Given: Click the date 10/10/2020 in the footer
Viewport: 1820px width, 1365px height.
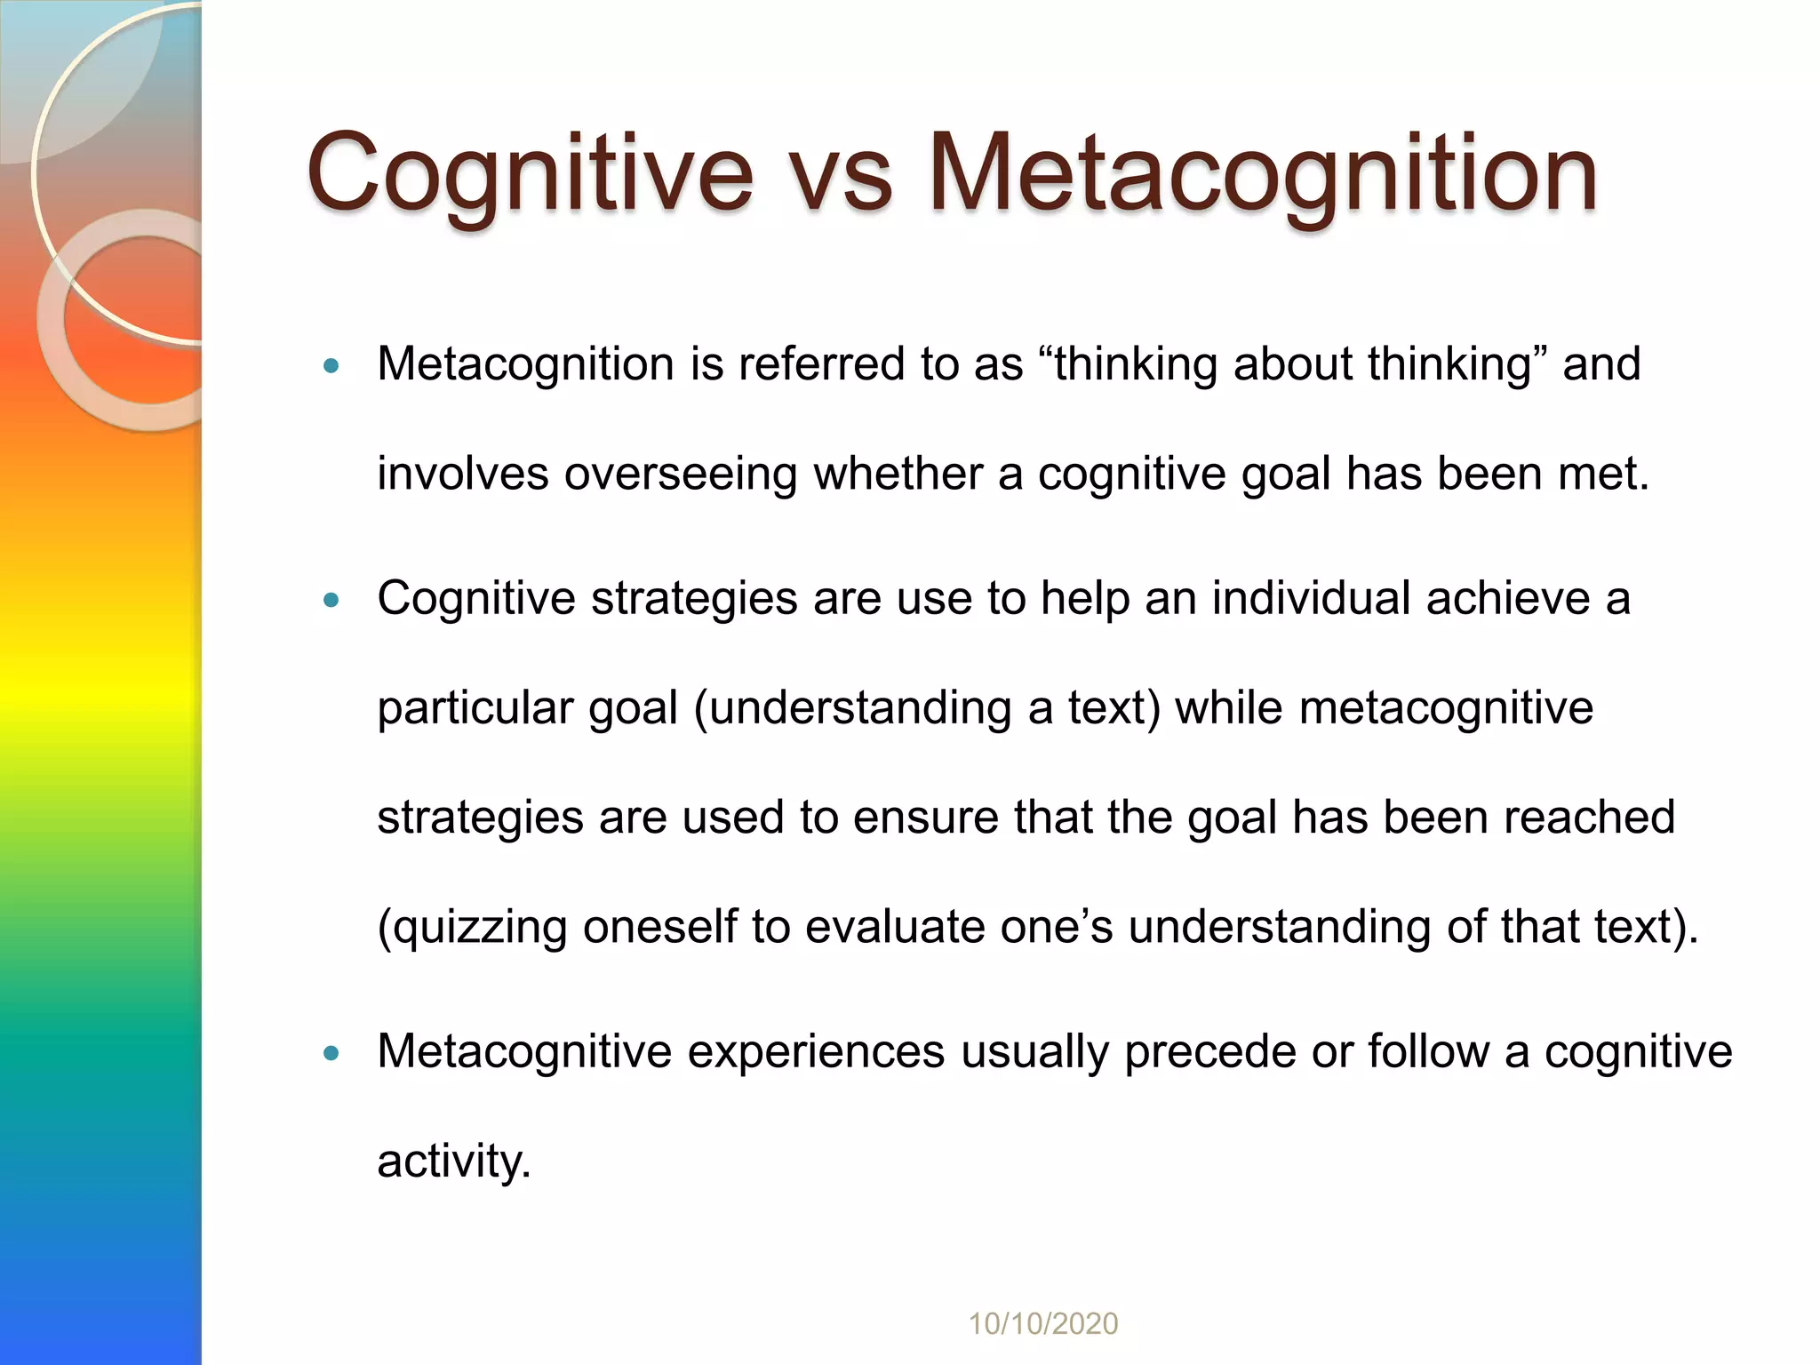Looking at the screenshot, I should pyautogui.click(x=1042, y=1323).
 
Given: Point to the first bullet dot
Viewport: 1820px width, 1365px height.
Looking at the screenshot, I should pyautogui.click(x=331, y=365).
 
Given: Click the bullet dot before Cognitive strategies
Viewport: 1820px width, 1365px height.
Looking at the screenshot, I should pyautogui.click(x=331, y=600).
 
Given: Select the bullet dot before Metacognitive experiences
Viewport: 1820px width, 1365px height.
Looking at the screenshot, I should pyautogui.click(x=331, y=1053).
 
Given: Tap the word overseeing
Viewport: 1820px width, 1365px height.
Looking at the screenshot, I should pyautogui.click(x=681, y=474).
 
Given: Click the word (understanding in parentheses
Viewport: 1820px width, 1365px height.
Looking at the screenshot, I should pyautogui.click(x=852, y=709).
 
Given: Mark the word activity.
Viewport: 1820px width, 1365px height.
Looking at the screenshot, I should pyautogui.click(x=454, y=1161).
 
